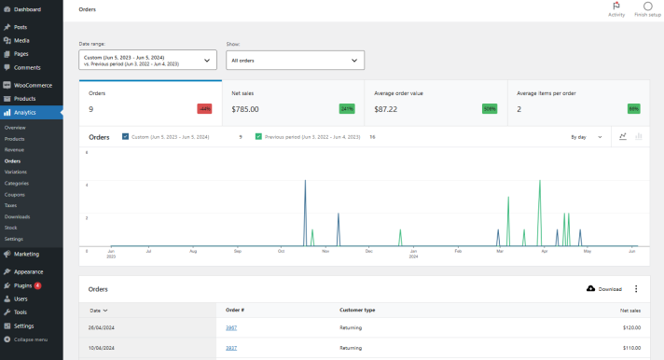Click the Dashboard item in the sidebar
(27, 9)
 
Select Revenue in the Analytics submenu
(15, 149)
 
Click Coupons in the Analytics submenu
(16, 194)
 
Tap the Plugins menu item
(27, 285)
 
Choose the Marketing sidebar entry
(26, 254)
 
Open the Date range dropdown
(148, 61)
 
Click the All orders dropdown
(296, 61)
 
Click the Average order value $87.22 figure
(374, 109)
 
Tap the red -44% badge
(204, 109)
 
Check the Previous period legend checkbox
(258, 136)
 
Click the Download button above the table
(603, 289)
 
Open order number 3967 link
(231, 328)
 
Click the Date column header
(98, 310)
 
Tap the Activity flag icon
(616, 7)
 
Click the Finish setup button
(647, 9)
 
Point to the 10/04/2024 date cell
(101, 348)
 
